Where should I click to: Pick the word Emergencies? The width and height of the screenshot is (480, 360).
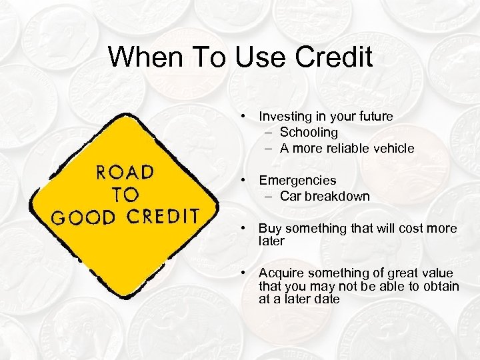click(298, 180)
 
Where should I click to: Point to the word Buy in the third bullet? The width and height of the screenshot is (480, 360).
click(270, 229)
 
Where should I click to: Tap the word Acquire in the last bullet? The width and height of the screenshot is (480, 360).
click(281, 273)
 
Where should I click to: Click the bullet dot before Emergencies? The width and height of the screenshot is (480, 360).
click(246, 180)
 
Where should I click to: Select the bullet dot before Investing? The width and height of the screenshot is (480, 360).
click(246, 116)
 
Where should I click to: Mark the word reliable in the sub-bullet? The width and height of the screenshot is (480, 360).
click(343, 148)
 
